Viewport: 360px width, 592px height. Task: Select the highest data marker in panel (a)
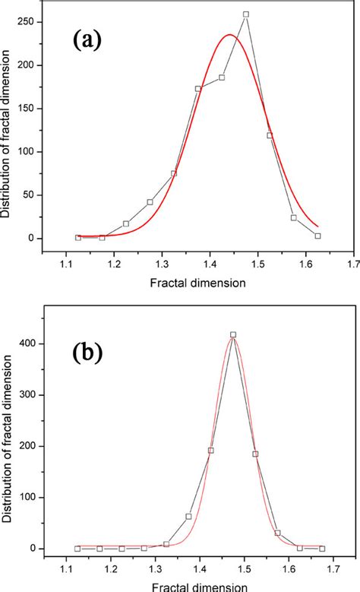tap(245, 14)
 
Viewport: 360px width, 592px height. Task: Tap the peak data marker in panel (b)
tap(233, 334)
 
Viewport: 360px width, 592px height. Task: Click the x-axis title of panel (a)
tap(207, 282)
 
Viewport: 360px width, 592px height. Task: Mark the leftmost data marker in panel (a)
tap(77, 237)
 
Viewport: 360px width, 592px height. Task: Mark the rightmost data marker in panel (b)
tap(322, 548)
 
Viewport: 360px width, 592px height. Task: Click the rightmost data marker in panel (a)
tap(317, 236)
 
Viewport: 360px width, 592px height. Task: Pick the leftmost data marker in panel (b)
tap(77, 548)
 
